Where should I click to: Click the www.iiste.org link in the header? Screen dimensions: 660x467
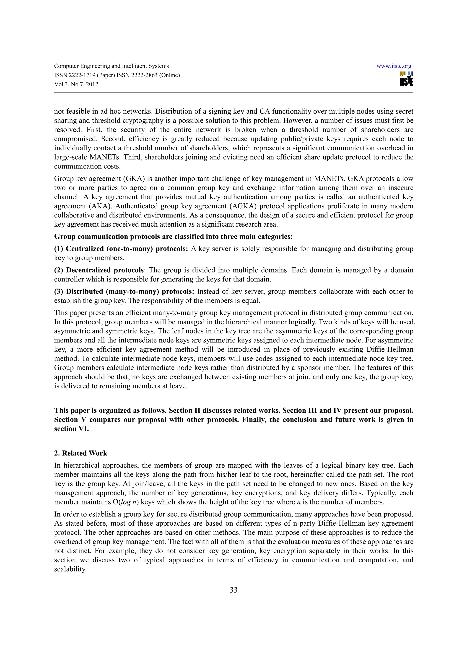[x=394, y=66]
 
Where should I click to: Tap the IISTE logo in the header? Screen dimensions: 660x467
[x=406, y=79]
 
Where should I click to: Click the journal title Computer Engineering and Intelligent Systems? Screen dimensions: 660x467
[x=111, y=66]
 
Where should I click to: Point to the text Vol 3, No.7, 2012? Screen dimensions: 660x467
[x=76, y=84]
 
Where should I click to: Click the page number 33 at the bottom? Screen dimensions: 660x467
[x=233, y=590]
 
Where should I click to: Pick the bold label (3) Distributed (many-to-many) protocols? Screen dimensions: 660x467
[x=124, y=292]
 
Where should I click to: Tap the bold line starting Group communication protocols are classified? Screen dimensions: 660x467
[x=173, y=237]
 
